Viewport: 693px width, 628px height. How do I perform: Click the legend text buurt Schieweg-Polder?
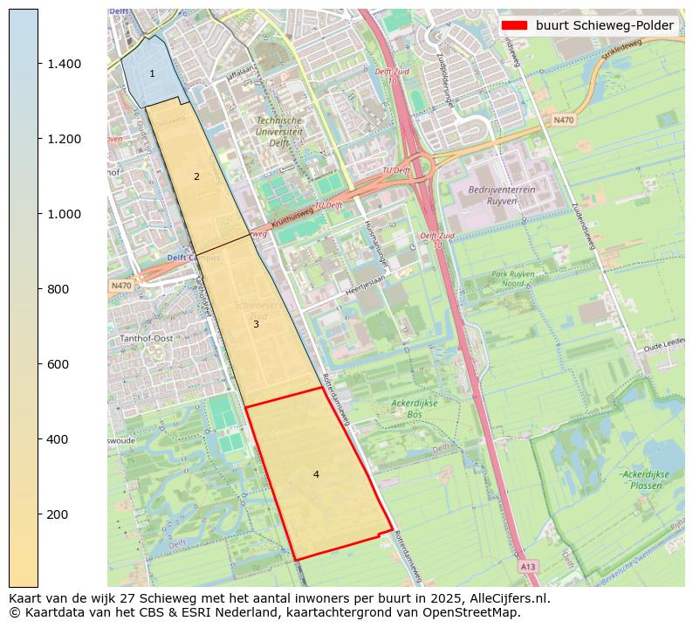(604, 25)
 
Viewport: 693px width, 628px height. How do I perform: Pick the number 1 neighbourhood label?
(152, 74)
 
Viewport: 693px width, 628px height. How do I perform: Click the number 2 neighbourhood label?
(196, 176)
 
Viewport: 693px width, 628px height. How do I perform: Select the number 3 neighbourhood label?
(256, 324)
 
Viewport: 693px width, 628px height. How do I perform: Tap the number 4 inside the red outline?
(316, 474)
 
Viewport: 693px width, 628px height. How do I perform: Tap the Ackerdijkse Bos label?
(414, 409)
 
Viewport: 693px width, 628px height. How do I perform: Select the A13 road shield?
(528, 567)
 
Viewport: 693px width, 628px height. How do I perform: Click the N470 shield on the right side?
(564, 120)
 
